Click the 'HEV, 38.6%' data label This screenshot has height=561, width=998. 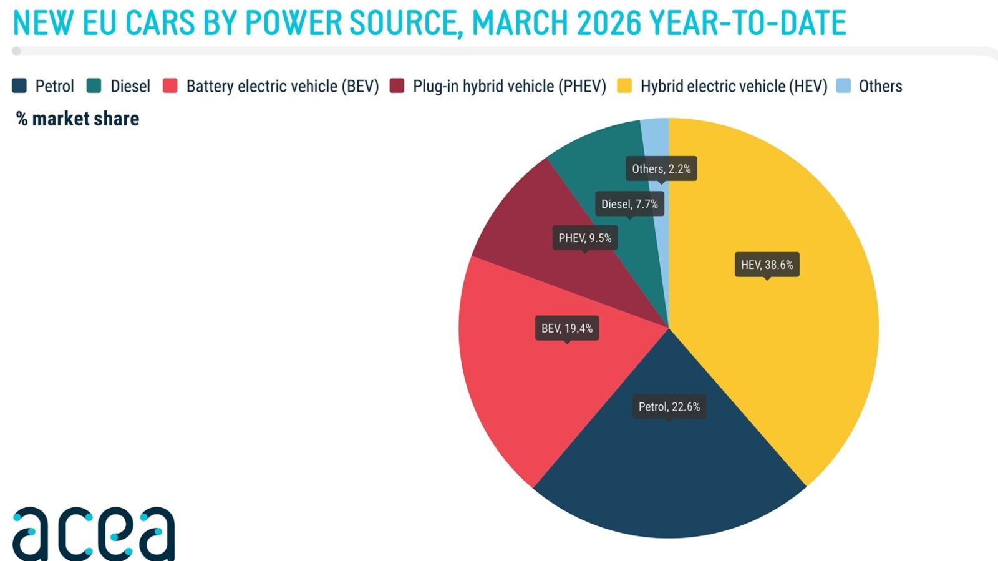pos(767,265)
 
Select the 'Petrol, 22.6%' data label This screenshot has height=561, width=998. pos(669,406)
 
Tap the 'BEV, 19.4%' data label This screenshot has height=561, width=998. pos(567,328)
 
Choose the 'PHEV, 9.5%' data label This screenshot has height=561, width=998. pos(585,238)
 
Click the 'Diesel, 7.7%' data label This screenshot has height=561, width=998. pos(629,204)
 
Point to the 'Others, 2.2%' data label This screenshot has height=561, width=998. pos(661,169)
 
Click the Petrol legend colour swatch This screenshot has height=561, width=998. pos(19,86)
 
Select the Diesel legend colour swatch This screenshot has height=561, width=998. pos(94,86)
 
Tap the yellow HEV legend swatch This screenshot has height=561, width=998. pos(624,86)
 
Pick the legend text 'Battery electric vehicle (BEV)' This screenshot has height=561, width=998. pos(283,87)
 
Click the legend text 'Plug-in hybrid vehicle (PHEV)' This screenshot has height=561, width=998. pos(509,87)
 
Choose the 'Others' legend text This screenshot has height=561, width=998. pos(880,87)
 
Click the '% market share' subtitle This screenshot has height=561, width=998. pos(77,119)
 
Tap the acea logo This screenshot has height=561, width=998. pos(94,534)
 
